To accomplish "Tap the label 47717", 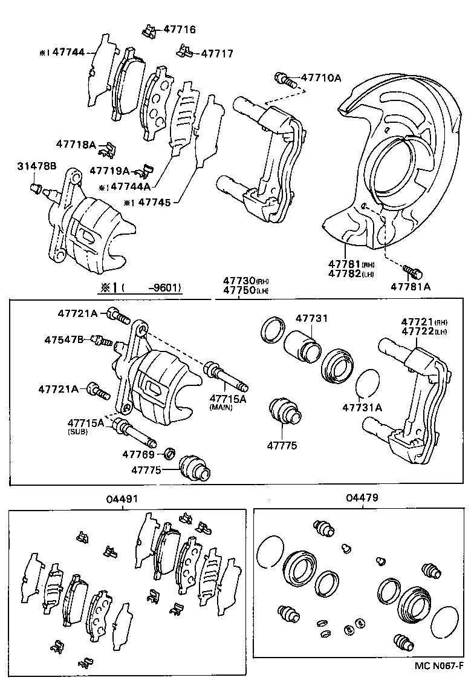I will click(x=216, y=53).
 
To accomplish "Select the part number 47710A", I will click(x=321, y=77).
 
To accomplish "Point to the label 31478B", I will click(x=37, y=166).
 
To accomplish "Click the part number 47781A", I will click(x=410, y=287).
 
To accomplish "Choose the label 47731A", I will click(x=362, y=407).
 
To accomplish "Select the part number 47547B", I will click(x=64, y=340).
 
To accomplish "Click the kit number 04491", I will click(x=123, y=499).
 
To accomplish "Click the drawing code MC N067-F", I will click(x=438, y=667).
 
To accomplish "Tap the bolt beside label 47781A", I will click(x=414, y=272).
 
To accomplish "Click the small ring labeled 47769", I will click(x=170, y=453).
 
